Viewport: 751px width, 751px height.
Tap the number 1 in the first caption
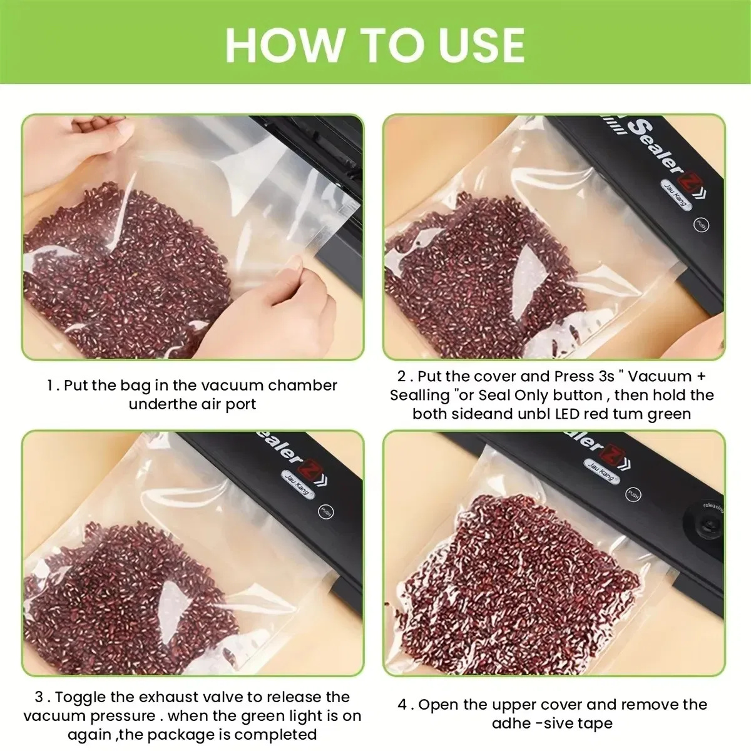click(x=50, y=386)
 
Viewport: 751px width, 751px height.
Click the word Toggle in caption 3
click(x=78, y=697)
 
